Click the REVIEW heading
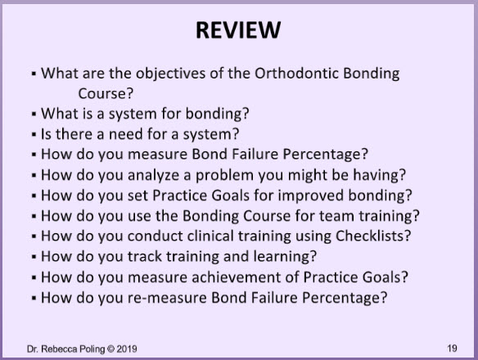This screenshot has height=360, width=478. pos(238,30)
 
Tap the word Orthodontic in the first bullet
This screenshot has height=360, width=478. pos(296,73)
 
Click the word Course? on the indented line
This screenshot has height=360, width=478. pos(106,93)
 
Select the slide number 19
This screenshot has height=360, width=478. pos(452,348)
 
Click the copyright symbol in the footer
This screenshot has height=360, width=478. pos(110,349)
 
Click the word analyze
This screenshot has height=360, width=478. pos(153,175)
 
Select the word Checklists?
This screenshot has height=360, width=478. pos(373,236)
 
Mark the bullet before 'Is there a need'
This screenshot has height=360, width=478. pos(34,134)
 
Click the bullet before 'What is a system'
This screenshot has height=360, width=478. pos(34,114)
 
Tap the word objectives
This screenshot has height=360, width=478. pos(170,74)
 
